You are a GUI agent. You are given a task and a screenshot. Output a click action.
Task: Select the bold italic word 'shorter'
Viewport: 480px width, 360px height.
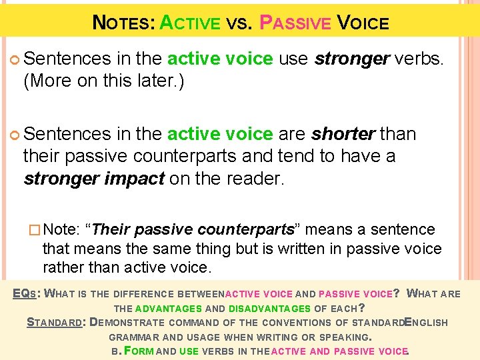click(343, 134)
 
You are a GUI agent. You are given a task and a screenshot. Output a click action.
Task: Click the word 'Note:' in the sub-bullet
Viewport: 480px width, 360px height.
click(65, 230)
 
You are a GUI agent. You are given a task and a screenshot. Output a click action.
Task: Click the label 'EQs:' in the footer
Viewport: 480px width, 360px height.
click(28, 293)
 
